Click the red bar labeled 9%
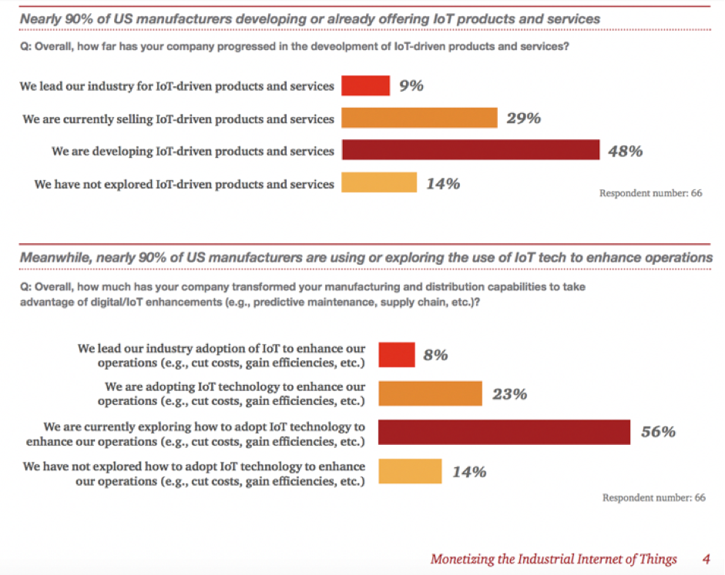(x=365, y=85)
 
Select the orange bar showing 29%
(x=419, y=118)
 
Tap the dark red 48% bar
(x=470, y=150)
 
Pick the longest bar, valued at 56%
(x=504, y=432)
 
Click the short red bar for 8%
(x=396, y=356)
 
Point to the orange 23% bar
(x=429, y=394)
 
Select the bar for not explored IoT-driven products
(x=378, y=183)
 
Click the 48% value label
(x=625, y=151)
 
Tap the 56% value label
(x=658, y=432)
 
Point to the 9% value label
(x=411, y=85)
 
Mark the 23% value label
(x=509, y=394)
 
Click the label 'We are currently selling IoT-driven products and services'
(x=179, y=119)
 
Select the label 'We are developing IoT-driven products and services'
(x=193, y=151)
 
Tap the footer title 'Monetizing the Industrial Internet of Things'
(x=553, y=558)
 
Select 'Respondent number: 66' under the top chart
(x=650, y=193)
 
